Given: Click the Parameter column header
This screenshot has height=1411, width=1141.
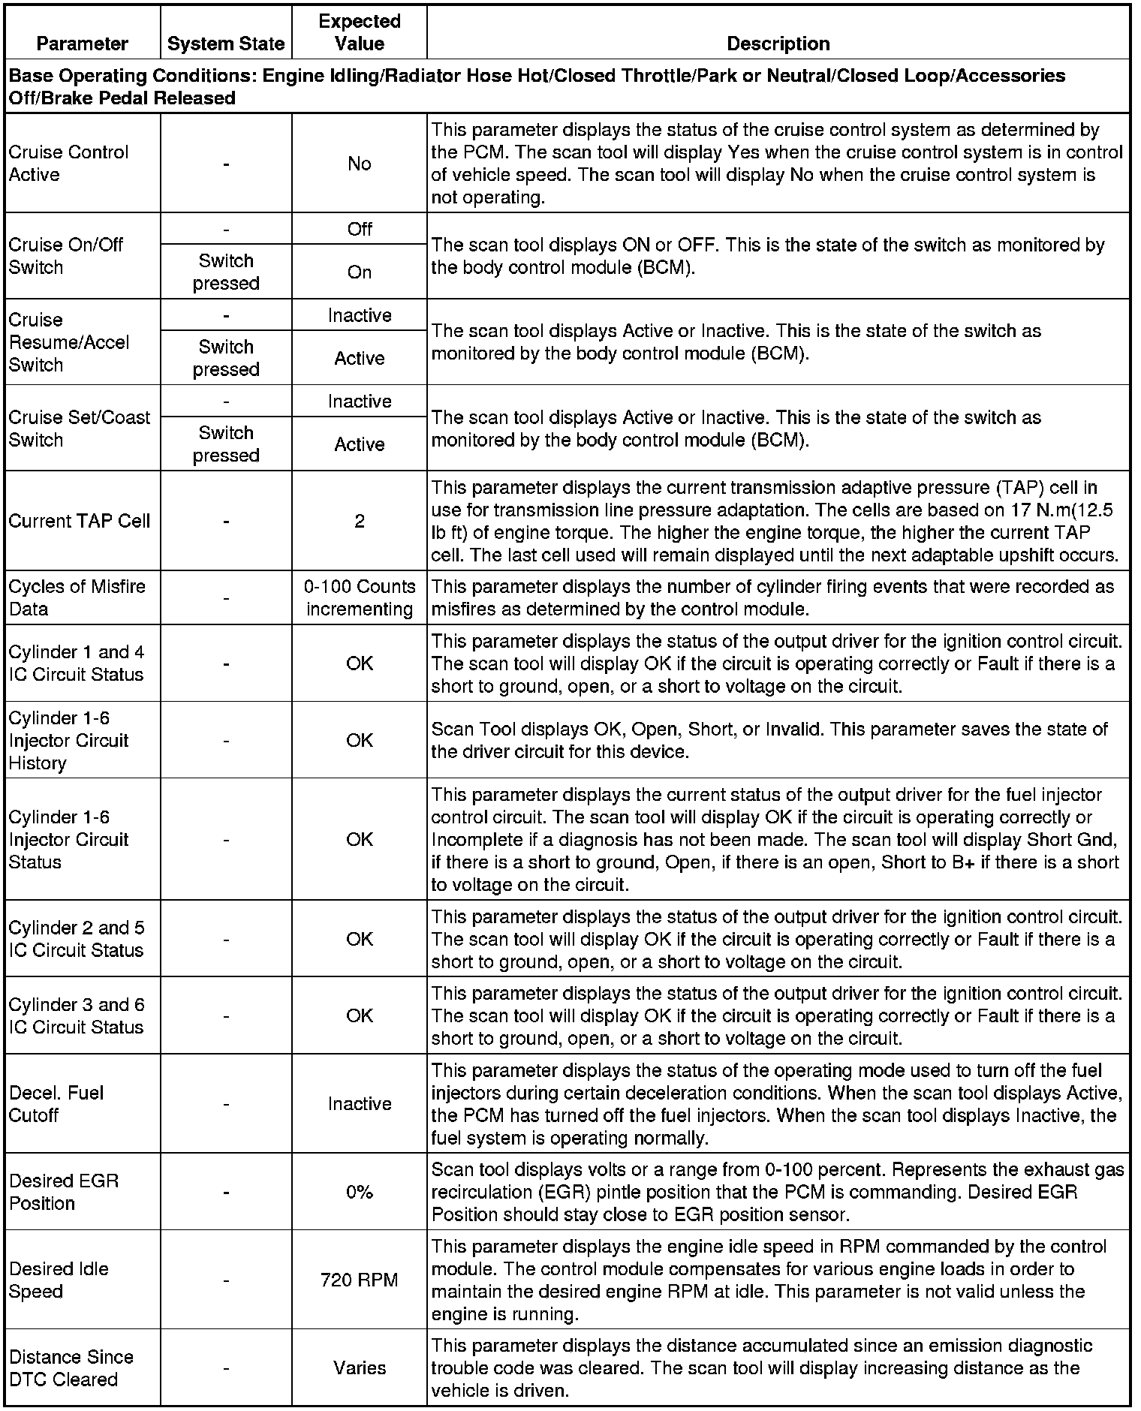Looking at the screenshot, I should (83, 44).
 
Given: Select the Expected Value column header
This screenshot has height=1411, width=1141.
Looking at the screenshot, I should (360, 32).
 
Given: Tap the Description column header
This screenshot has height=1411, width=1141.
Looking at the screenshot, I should (778, 44).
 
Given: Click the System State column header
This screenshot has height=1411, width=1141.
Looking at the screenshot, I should (226, 44).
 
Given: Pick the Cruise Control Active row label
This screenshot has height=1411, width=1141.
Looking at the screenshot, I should (69, 163).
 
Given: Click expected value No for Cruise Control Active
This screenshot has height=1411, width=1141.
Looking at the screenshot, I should (360, 164).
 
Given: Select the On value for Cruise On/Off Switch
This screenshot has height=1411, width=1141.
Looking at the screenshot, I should (360, 272).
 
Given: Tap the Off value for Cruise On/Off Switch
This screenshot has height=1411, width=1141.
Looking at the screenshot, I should (360, 229).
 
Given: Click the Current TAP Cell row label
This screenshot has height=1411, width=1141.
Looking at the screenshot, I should (80, 521).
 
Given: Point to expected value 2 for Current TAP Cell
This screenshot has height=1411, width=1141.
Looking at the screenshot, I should (360, 521).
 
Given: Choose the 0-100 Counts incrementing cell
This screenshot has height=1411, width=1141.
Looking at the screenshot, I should (360, 597).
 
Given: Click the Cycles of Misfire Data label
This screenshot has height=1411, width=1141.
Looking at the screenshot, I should (77, 597).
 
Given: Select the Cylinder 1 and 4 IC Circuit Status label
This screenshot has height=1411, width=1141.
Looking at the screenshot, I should (77, 663).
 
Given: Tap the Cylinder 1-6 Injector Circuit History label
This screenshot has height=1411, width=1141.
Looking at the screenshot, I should (69, 740).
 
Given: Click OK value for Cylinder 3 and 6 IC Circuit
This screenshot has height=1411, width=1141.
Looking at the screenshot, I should (360, 1015).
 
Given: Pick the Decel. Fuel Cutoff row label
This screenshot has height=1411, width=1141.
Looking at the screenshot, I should (56, 1103).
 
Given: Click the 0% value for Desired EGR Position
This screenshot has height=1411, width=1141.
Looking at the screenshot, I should (360, 1192).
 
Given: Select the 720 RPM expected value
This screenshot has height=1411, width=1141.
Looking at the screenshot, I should (360, 1280).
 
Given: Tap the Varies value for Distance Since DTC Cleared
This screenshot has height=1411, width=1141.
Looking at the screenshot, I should (360, 1367).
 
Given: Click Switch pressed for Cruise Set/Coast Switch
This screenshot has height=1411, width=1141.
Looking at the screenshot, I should (226, 444).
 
